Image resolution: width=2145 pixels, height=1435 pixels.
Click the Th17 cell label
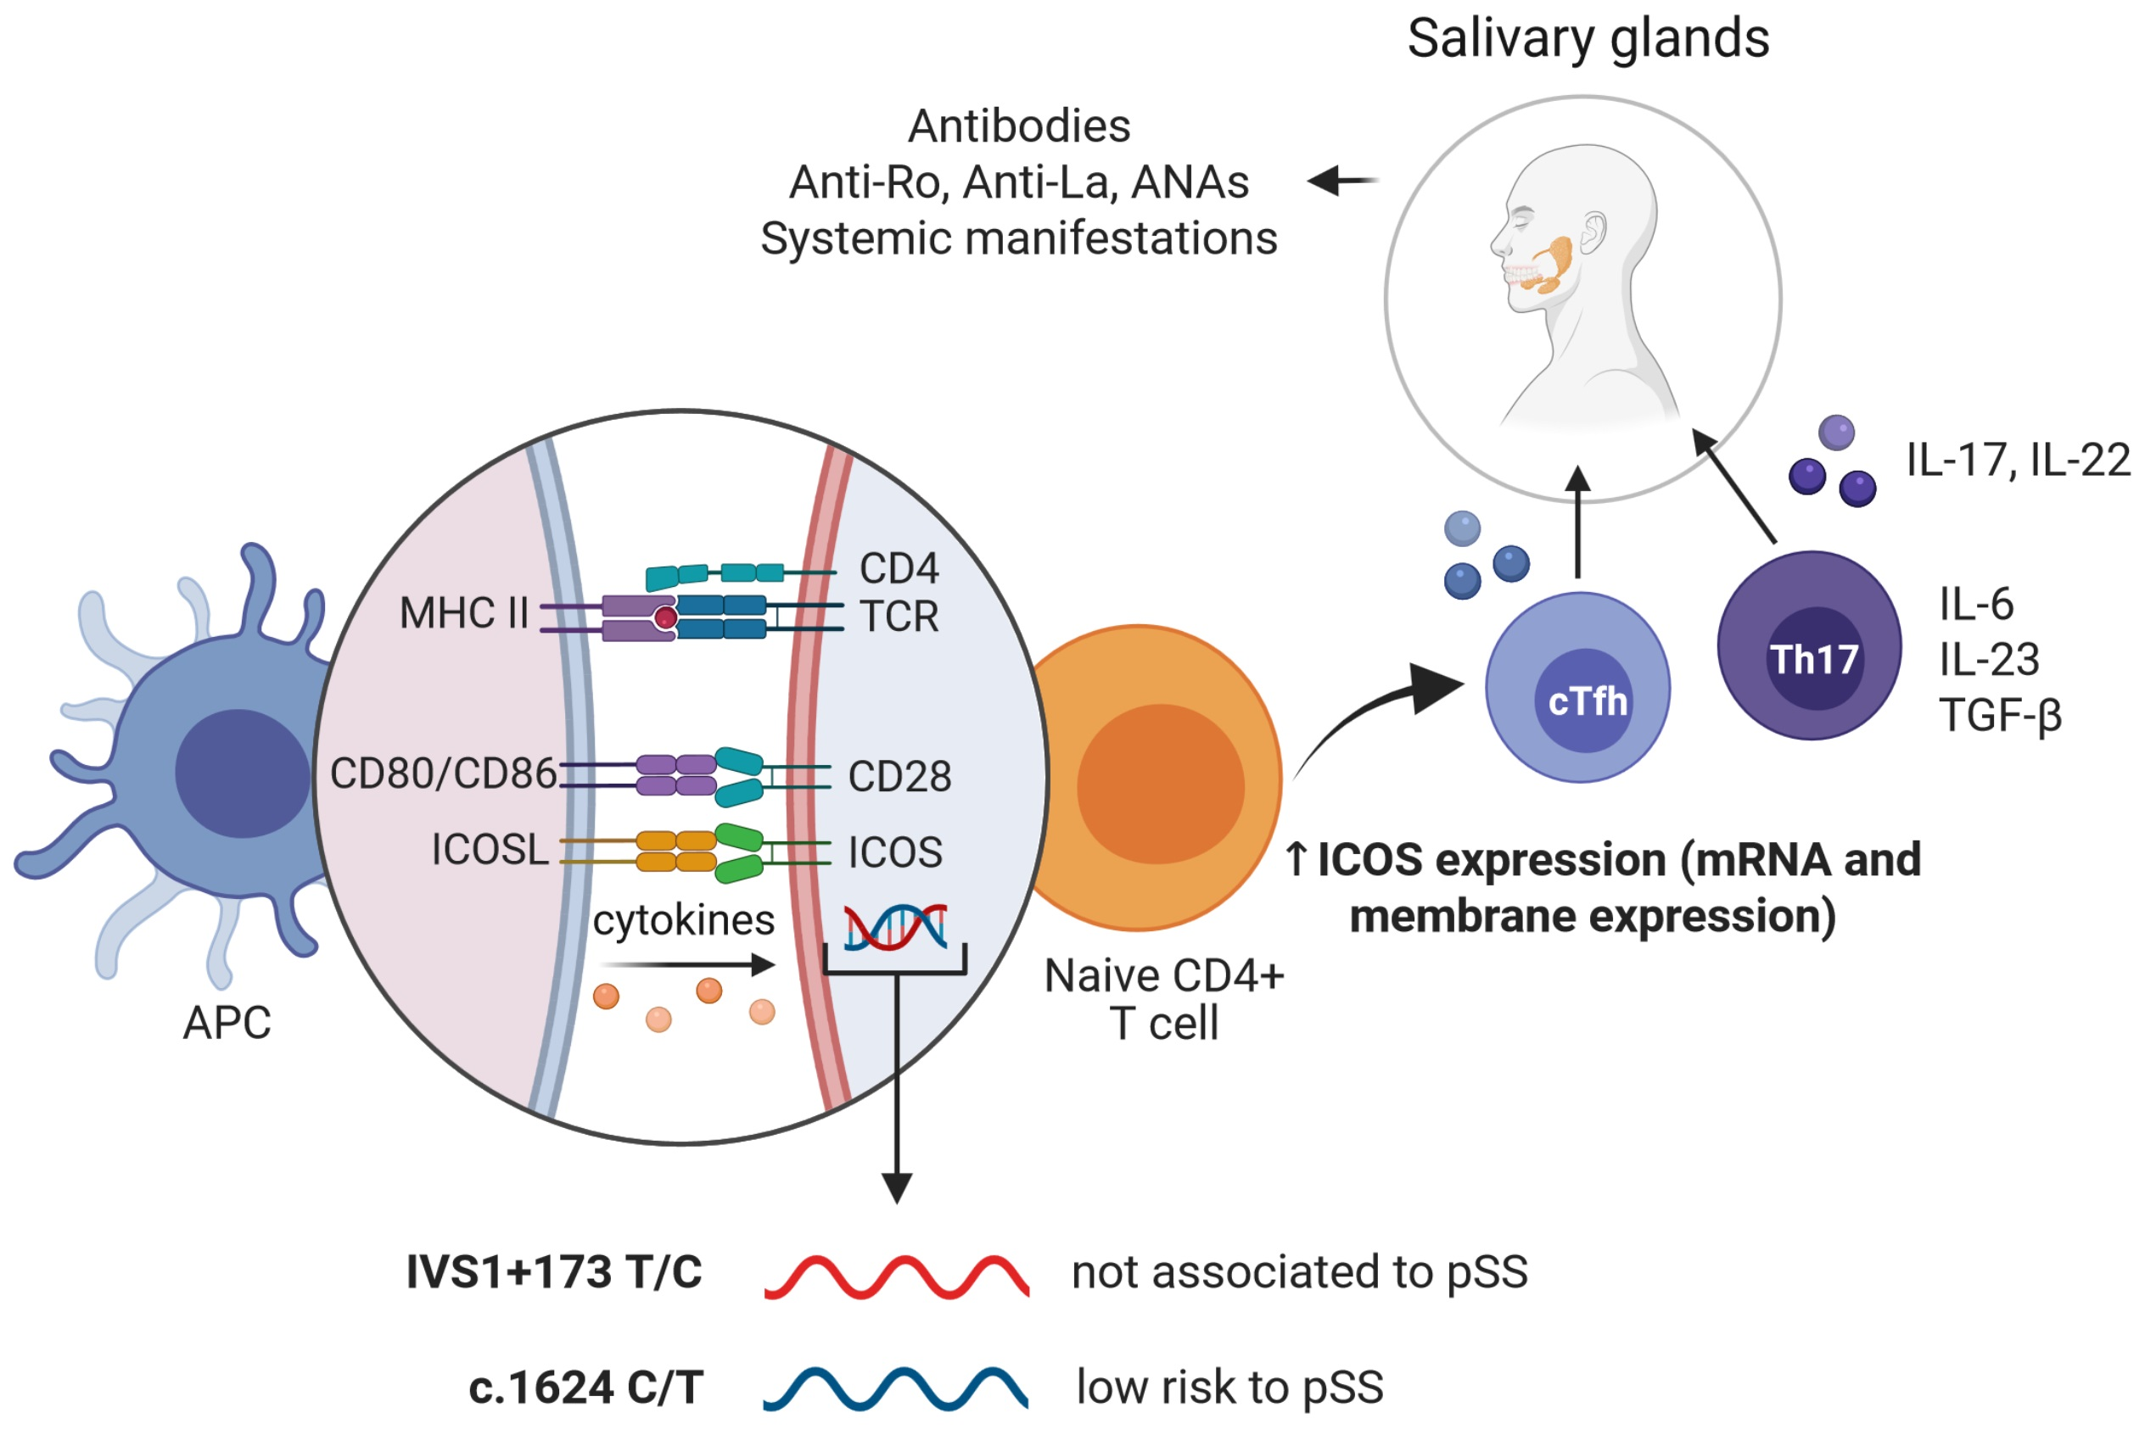coord(1812,659)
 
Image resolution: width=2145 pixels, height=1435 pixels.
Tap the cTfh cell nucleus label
coord(1587,702)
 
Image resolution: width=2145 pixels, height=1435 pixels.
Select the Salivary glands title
coord(1588,38)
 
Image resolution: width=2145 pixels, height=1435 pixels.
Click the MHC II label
coord(463,613)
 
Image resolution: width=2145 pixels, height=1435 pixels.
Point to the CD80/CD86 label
coord(443,773)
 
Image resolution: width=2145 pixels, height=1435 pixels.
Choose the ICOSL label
coord(490,849)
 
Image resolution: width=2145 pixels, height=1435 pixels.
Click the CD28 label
coord(899,776)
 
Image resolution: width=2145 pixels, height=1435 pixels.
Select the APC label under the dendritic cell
coord(227,1022)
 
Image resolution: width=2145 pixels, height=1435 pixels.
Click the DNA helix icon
coord(894,926)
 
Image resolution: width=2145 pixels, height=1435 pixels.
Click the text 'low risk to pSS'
coord(1229,1387)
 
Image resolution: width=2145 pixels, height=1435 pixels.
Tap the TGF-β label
coord(2001,715)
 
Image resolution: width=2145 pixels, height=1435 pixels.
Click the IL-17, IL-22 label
coord(2018,460)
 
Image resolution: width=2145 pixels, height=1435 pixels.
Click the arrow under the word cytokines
coord(686,963)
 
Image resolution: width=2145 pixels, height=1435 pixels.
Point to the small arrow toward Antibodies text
coord(1341,181)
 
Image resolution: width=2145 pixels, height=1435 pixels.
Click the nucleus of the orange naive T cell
coord(1159,784)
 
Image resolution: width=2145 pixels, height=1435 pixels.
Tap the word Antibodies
coord(1018,126)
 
